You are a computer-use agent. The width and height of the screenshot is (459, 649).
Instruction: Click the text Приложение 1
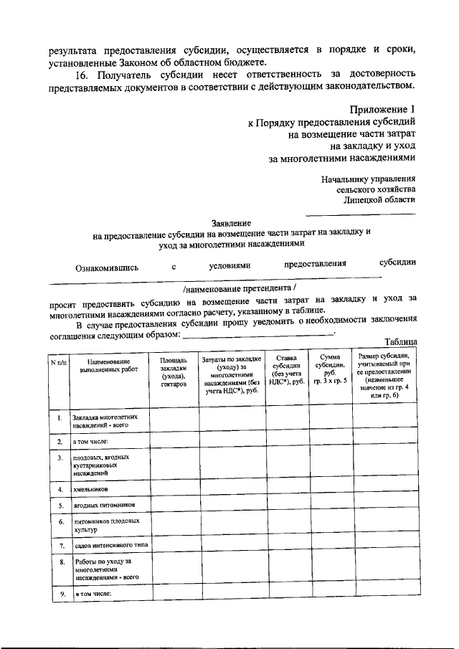(382, 108)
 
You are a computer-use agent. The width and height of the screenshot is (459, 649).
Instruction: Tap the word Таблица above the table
(400, 341)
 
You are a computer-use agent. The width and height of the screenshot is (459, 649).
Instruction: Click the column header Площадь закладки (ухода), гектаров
(174, 369)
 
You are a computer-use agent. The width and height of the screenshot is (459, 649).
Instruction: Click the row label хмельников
(91, 489)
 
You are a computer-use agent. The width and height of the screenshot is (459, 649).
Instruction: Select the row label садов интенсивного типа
(110, 546)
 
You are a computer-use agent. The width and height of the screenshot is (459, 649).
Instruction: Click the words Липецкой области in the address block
(379, 200)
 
